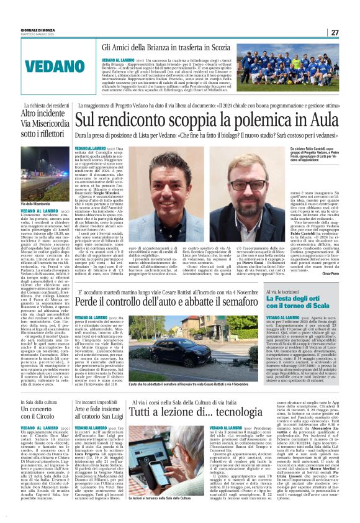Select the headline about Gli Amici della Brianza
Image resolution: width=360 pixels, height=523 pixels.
pyautogui.click(x=162, y=47)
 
